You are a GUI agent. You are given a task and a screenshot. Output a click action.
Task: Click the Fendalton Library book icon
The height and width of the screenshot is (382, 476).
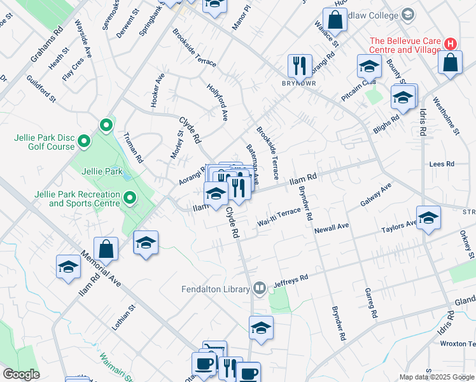259,289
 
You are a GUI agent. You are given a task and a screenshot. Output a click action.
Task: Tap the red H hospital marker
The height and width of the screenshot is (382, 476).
451,44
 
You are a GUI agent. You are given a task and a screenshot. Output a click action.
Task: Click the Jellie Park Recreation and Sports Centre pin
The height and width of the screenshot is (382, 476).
130,198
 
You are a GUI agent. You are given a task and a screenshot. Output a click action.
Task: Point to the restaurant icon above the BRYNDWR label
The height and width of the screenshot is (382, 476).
298,64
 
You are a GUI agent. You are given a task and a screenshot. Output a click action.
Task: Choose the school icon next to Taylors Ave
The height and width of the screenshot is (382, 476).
428,217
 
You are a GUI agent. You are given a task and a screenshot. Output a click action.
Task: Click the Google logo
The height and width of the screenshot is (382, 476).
20,374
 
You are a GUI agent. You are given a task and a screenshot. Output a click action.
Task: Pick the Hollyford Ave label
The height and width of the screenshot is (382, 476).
217,101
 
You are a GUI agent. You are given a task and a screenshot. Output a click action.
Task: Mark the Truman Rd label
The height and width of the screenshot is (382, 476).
134,147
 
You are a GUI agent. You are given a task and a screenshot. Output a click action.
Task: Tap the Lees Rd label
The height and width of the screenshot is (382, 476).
442,164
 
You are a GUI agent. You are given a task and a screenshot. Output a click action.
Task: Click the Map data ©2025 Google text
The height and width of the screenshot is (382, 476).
437,377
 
